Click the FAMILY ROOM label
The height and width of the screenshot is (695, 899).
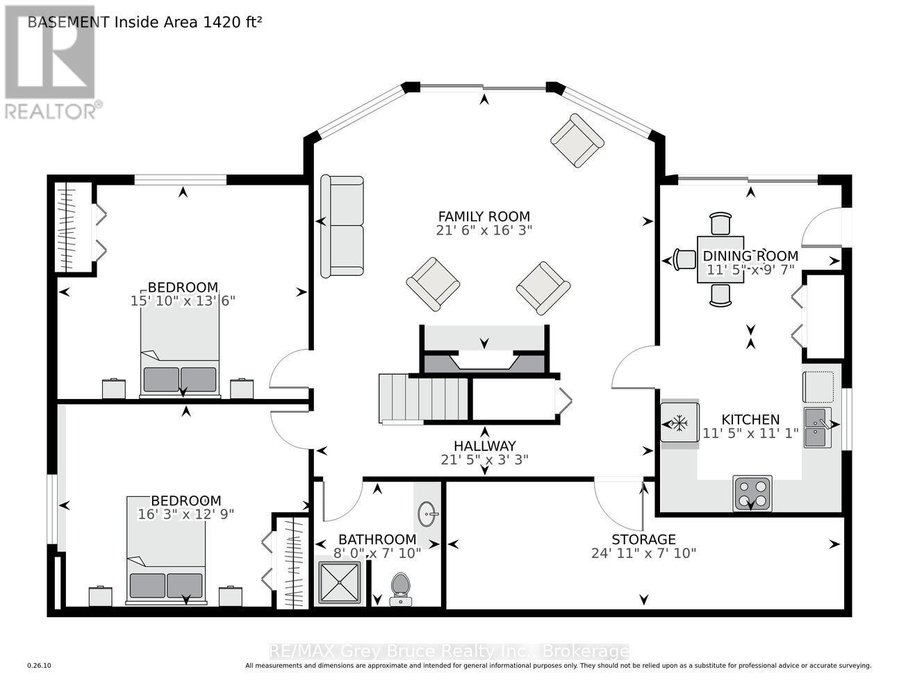pyautogui.click(x=484, y=216)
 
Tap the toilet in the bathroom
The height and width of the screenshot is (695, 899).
pyautogui.click(x=400, y=589)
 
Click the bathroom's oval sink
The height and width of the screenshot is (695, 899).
pyautogui.click(x=427, y=514)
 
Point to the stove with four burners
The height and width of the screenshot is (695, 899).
pyautogui.click(x=752, y=493)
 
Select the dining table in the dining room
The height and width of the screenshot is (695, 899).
pyautogui.click(x=720, y=259)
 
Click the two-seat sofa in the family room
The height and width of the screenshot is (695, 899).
pyautogui.click(x=342, y=227)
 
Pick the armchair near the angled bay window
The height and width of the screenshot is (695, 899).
pyautogui.click(x=577, y=140)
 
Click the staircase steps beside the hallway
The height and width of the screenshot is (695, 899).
pyautogui.click(x=423, y=398)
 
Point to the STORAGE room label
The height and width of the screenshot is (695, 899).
pyautogui.click(x=644, y=539)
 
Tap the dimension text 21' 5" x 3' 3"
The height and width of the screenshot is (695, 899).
pyautogui.click(x=484, y=459)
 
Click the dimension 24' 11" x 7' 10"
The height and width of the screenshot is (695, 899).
pyautogui.click(x=644, y=553)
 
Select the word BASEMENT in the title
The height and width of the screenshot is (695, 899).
pyautogui.click(x=69, y=22)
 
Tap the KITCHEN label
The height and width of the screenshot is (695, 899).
pyautogui.click(x=750, y=420)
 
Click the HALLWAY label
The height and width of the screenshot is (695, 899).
pyautogui.click(x=485, y=446)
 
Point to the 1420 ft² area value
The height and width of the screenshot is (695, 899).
pyautogui.click(x=232, y=22)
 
